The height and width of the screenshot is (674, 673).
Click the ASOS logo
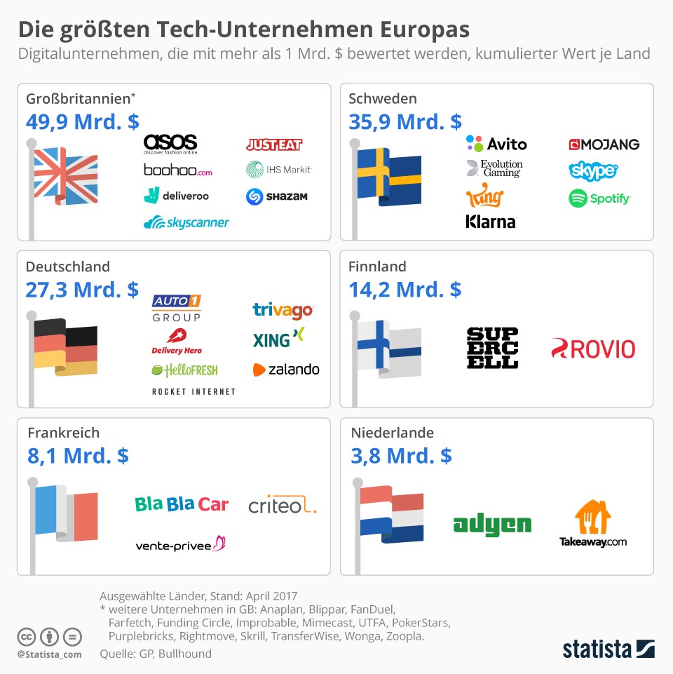170,143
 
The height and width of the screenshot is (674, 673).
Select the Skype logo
593,170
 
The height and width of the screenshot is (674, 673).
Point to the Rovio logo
592,349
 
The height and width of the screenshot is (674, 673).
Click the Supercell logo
492,347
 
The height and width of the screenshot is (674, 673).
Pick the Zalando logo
286,370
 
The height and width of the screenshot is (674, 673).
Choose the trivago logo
283,310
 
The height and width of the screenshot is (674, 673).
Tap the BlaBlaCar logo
182,504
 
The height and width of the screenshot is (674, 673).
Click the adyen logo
492,524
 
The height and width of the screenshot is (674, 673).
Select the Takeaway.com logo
593,524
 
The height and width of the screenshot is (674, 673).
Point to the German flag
66,347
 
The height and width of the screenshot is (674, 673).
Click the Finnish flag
388,347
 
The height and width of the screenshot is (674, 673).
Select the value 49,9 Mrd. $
83,122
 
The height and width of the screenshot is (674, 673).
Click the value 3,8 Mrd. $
402,456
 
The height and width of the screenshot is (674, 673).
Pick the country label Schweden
383,99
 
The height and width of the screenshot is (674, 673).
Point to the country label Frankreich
64,433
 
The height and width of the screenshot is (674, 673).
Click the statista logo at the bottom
609,649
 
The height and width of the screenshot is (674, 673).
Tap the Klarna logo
491,222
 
